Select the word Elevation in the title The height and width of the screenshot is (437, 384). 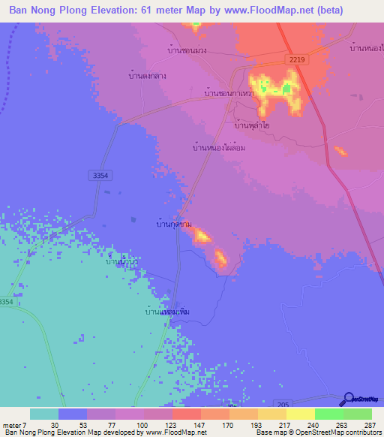point(118,11)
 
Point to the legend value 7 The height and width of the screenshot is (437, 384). point(24,425)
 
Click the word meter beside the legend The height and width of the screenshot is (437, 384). point(11,425)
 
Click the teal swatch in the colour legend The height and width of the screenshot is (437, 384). point(44,414)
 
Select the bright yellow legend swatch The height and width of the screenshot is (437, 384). point(301,414)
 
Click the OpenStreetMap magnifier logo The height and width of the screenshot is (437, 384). point(349,399)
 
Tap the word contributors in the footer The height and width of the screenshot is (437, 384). point(358,432)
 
